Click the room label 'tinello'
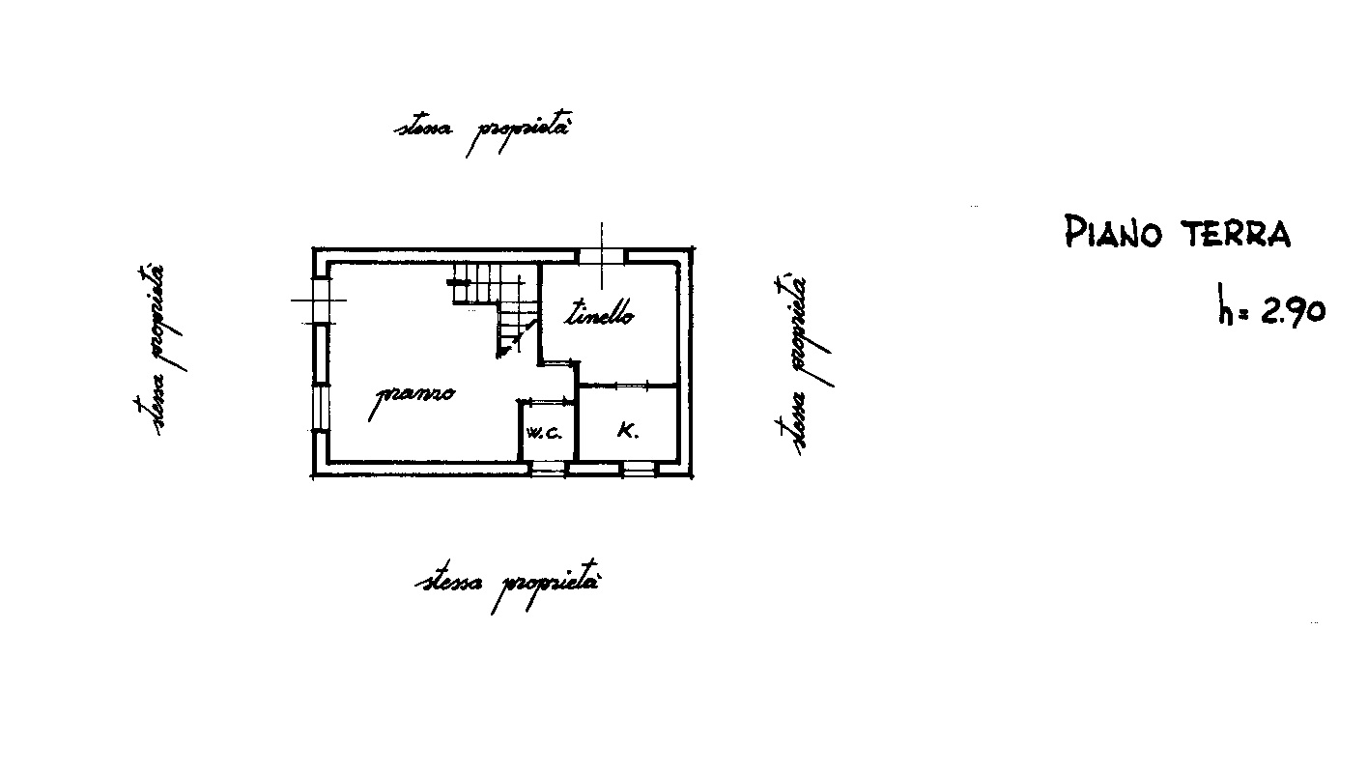[598, 313]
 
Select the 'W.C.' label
[543, 433]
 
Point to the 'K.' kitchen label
[627, 431]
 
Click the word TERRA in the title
[1236, 233]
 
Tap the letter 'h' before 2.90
[1225, 303]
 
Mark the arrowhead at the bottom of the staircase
[501, 352]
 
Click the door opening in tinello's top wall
[602, 256]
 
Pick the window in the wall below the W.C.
[547, 469]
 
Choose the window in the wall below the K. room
[639, 469]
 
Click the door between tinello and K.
[632, 386]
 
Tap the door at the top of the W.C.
[548, 401]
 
